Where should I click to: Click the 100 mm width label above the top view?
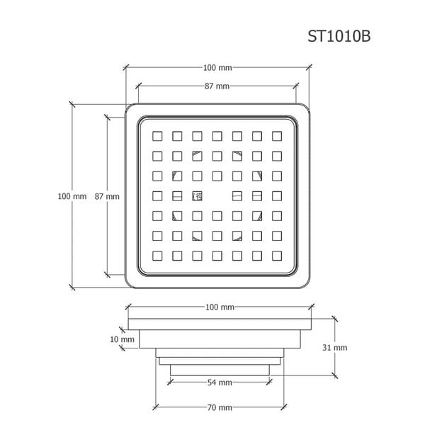(217, 67)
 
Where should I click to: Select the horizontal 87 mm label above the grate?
(217, 86)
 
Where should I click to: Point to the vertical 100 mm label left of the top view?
(72, 196)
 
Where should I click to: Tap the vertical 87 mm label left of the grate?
(107, 196)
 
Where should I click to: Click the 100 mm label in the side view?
(219, 307)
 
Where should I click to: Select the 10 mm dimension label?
(123, 339)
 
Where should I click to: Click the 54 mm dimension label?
(219, 382)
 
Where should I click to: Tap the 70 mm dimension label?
(219, 407)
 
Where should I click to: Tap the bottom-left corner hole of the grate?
(157, 254)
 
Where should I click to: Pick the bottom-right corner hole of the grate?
(277, 254)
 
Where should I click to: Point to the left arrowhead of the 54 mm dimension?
(170, 382)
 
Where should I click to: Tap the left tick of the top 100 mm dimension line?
(127, 67)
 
